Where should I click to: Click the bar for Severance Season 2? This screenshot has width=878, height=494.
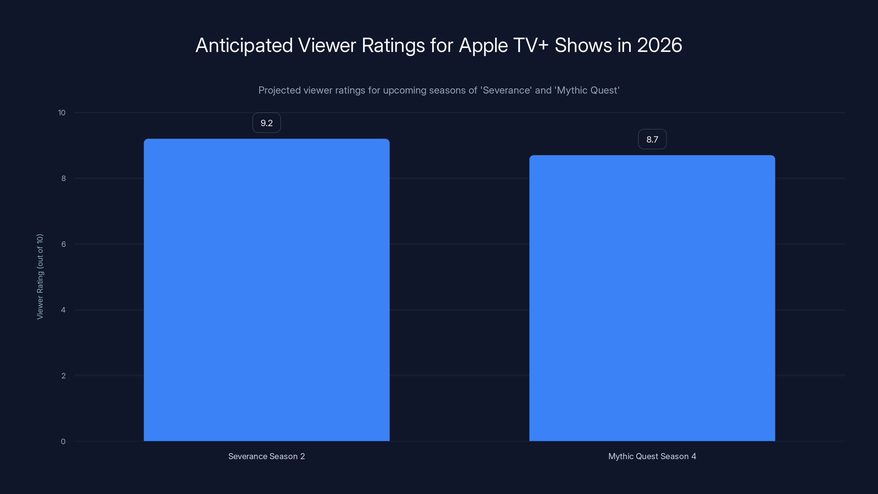266,290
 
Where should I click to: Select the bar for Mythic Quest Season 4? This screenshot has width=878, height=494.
652,298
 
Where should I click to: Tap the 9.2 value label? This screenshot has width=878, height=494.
266,123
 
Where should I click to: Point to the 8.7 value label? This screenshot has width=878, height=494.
652,139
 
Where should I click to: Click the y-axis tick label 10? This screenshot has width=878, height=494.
62,113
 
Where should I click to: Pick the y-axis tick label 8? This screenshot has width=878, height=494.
63,179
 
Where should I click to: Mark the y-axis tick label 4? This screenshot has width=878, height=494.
63,310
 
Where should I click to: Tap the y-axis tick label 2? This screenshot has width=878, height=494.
63,376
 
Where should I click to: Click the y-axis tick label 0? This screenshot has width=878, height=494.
63,442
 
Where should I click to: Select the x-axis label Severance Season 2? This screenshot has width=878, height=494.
266,456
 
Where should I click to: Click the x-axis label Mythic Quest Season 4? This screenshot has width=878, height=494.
652,456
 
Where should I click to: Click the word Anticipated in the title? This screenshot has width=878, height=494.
244,45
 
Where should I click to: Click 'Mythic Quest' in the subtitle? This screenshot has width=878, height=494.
587,90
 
